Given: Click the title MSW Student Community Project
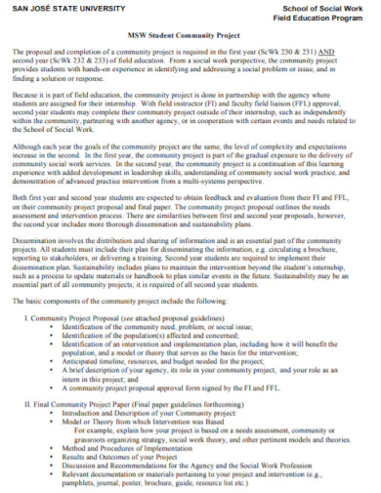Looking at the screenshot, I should point(190,35).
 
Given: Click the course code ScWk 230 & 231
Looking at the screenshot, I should point(308,51).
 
